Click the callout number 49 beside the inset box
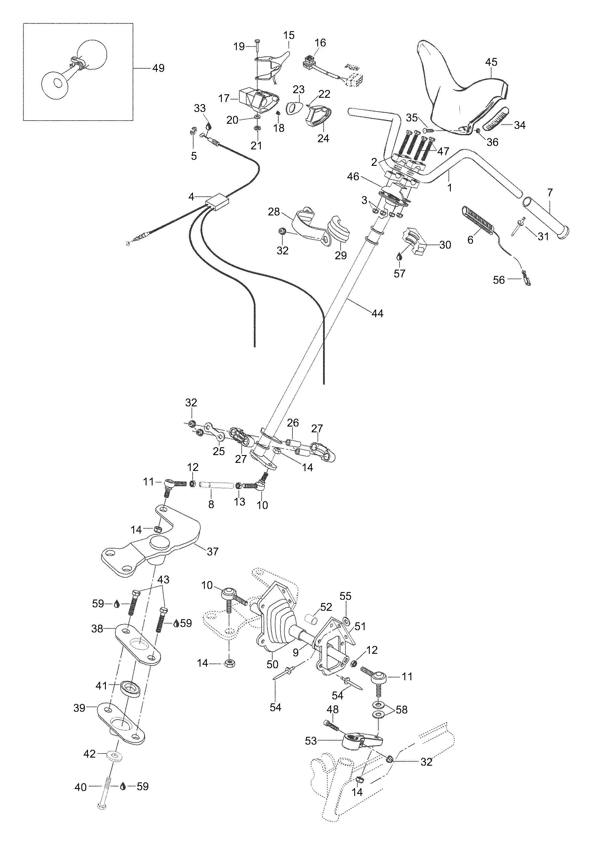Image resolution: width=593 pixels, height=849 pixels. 158,68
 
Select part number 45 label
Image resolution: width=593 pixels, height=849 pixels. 491,62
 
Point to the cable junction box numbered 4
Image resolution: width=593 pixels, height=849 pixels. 217,203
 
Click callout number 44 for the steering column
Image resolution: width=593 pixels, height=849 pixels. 377,313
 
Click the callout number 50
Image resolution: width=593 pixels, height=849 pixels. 272,664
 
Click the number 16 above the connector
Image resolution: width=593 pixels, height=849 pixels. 320,43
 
